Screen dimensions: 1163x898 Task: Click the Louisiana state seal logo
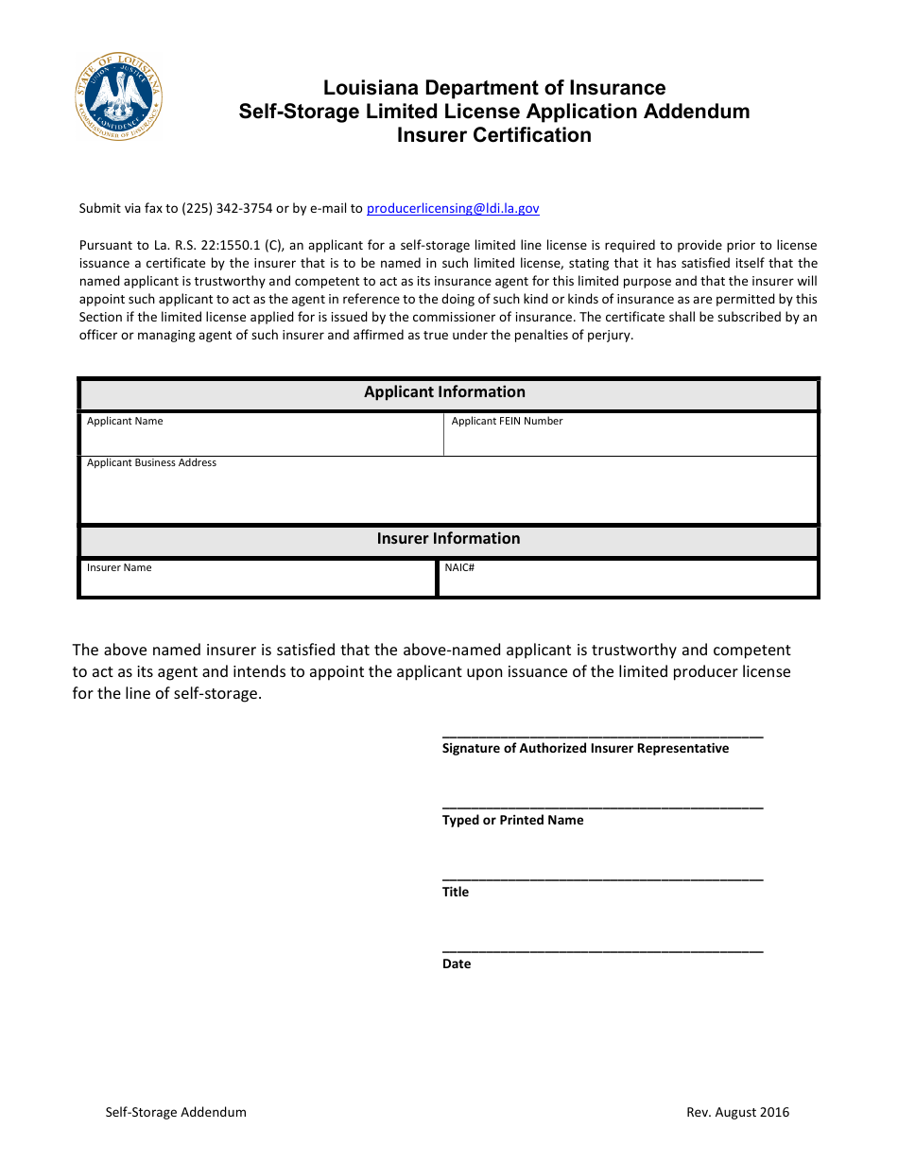pos(119,97)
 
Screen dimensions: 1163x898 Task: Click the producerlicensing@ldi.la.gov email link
pos(453,209)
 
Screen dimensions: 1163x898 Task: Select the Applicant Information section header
pos(444,392)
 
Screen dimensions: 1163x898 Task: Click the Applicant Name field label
pos(125,422)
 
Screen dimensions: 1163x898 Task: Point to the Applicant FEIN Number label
pos(507,422)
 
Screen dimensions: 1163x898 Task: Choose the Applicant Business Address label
pos(151,463)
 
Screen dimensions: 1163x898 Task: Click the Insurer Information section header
pos(448,539)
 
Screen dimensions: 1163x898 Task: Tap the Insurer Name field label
pos(119,568)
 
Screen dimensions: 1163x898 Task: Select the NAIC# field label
pos(459,568)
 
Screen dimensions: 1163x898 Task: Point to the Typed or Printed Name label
pos(512,821)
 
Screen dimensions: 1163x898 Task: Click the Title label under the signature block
pos(456,893)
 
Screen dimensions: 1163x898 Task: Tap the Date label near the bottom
pos(457,964)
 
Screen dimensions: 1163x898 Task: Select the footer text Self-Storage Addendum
pos(176,1113)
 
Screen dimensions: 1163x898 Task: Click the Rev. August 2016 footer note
pos(737,1113)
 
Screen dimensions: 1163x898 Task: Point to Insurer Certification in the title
pos(493,135)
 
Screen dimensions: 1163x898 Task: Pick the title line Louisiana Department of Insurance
pos(493,88)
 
